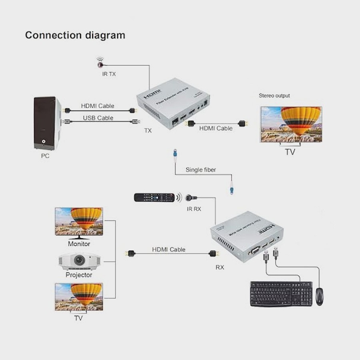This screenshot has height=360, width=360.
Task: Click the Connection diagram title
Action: (75, 35)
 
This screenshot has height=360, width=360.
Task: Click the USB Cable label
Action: (98, 118)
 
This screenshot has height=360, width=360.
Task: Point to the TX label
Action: (148, 131)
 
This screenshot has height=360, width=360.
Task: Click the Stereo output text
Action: (274, 96)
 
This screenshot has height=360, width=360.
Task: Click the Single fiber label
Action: (200, 170)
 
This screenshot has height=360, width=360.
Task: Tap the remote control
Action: (154, 197)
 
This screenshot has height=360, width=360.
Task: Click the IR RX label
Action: (194, 209)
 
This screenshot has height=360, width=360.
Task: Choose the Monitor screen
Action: (79, 221)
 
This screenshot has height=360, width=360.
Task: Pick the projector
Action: (79, 262)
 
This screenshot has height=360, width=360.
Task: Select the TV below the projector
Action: (79, 296)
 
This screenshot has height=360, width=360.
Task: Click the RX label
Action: (220, 267)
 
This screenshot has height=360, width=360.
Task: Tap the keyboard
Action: (281, 294)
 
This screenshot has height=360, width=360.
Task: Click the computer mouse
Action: (319, 296)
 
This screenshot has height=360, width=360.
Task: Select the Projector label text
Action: (79, 275)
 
